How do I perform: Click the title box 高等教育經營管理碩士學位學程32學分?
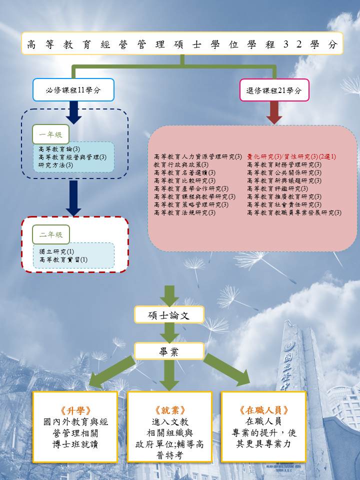[x=182, y=43]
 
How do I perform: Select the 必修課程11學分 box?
[x=73, y=90]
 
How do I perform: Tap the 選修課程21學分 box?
[x=274, y=90]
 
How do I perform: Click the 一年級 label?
[x=50, y=134]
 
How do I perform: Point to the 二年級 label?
[x=50, y=234]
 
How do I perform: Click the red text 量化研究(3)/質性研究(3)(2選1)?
[x=291, y=156]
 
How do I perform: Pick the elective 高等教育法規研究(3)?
[x=185, y=212]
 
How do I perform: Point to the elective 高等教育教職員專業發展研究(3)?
[x=294, y=212]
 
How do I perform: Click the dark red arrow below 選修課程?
[x=274, y=113]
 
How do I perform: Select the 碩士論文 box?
[x=169, y=314]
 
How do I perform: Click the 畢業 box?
[x=169, y=351]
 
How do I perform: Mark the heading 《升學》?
[x=75, y=410]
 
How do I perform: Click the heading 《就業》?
[x=169, y=410]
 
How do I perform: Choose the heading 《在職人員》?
[x=263, y=410]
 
